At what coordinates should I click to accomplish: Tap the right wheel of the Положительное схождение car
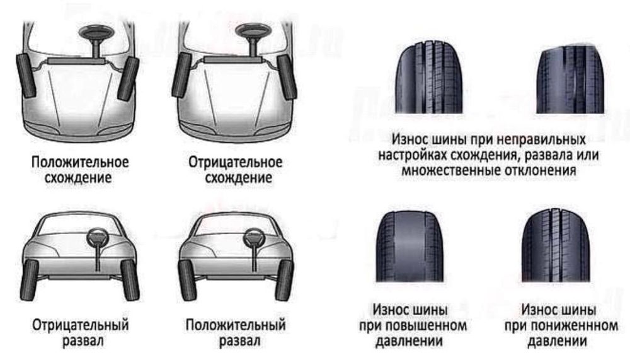click(x=128, y=78)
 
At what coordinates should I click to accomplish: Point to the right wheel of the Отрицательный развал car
click(x=130, y=279)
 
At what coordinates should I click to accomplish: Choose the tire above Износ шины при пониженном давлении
click(x=558, y=247)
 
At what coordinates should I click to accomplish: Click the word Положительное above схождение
click(x=81, y=162)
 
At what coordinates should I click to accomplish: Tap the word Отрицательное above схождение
click(x=236, y=162)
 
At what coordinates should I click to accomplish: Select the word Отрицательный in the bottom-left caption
click(x=81, y=326)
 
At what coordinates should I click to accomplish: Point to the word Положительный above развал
click(x=236, y=326)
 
